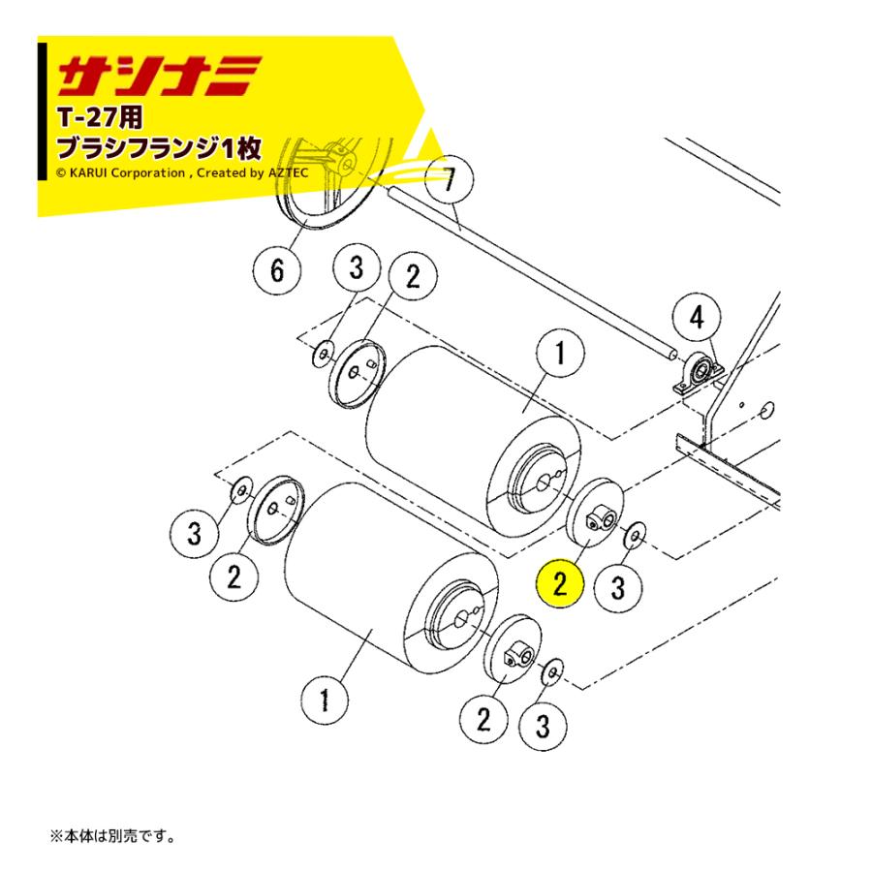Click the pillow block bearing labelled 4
tap(696, 373)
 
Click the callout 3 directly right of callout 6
tap(356, 269)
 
